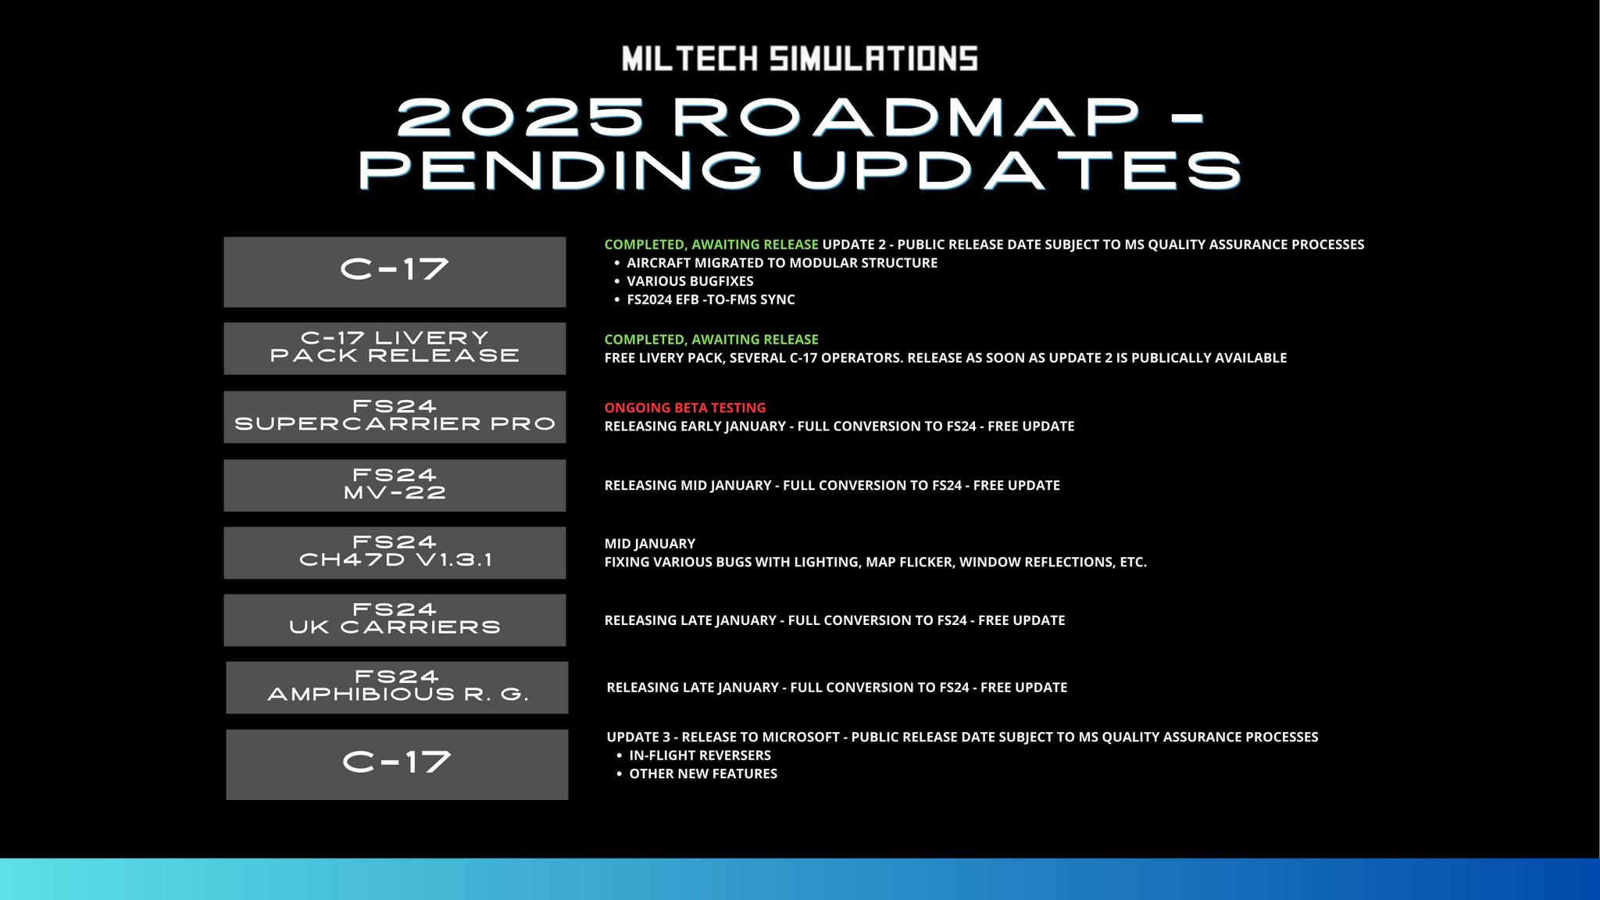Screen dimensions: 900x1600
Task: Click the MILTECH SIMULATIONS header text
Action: click(x=799, y=59)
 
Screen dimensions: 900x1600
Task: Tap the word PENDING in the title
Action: click(x=559, y=170)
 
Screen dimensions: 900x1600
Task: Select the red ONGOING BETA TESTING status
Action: click(x=684, y=408)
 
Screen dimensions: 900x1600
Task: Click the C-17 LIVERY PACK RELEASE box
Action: click(x=395, y=348)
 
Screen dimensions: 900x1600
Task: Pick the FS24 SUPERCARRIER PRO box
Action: click(x=395, y=416)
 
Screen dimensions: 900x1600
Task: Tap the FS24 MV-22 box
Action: click(x=395, y=485)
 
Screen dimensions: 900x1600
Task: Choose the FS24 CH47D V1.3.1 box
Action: click(x=395, y=552)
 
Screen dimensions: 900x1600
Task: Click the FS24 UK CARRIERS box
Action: click(x=395, y=620)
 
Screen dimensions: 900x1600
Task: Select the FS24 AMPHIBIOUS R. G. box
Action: click(x=397, y=687)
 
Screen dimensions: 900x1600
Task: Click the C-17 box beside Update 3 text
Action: click(x=397, y=763)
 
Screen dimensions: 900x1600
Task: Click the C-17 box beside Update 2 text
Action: click(x=395, y=271)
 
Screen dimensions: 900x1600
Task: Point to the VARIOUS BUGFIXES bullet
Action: click(x=690, y=281)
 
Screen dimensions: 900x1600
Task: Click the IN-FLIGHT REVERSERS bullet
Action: click(x=699, y=755)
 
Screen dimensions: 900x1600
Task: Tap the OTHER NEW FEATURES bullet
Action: click(x=702, y=773)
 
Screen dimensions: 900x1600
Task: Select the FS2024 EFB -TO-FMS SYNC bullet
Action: click(x=710, y=299)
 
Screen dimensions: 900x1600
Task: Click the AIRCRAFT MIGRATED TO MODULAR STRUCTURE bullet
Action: click(x=781, y=263)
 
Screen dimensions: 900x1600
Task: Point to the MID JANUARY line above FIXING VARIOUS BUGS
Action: click(x=649, y=544)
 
